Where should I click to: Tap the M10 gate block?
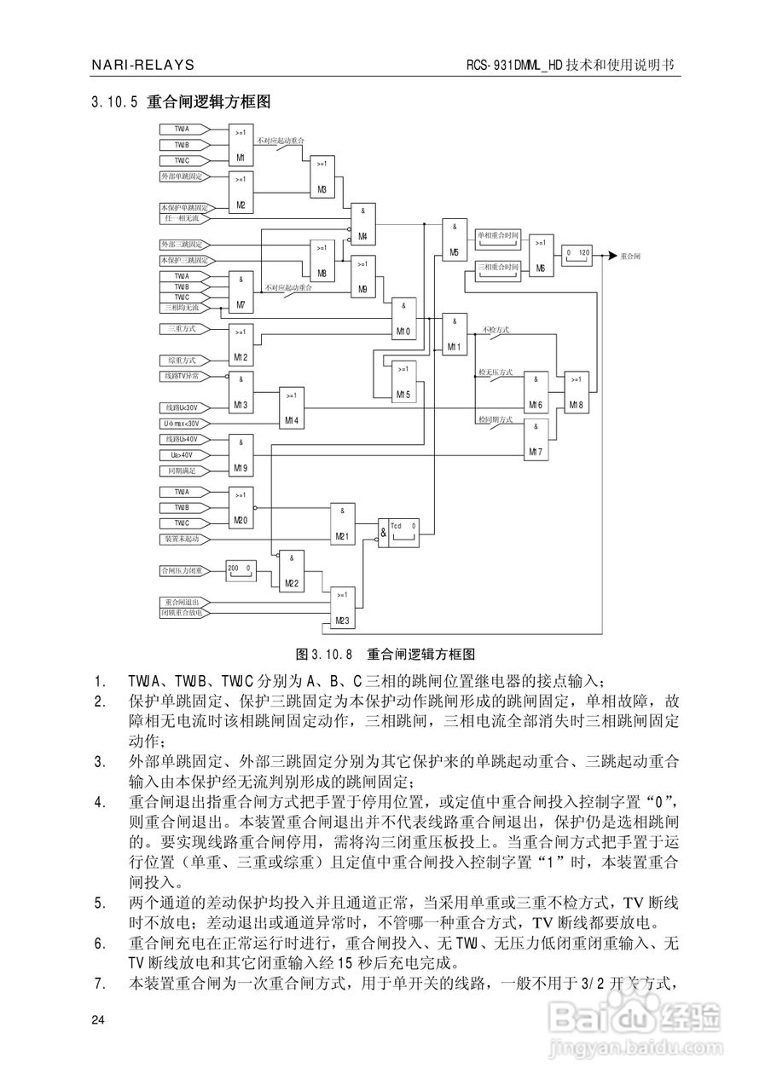[403, 320]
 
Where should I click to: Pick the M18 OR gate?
[576, 393]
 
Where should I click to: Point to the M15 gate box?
[403, 382]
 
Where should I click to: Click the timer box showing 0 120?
[577, 256]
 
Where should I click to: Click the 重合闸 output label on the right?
[630, 256]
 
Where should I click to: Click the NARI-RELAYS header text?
[142, 66]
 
